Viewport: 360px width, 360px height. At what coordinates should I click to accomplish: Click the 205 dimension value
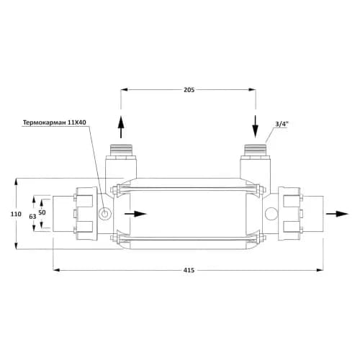[x=189, y=90]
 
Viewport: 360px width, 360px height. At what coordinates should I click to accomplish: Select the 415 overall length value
[x=189, y=270]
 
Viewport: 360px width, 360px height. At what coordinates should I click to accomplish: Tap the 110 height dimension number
[x=16, y=214]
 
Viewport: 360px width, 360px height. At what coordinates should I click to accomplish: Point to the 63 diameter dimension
[x=32, y=217]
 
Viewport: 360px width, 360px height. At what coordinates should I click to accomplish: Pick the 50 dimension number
[x=42, y=212]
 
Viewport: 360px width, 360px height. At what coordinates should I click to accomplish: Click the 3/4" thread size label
[x=282, y=124]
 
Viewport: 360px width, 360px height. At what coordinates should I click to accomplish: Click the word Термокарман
[x=45, y=122]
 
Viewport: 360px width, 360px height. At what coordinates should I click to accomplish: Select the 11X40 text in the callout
[x=77, y=122]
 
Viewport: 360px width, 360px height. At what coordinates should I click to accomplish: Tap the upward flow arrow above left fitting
[x=121, y=127]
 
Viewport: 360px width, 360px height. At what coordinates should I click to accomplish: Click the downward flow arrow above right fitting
[x=256, y=127]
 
